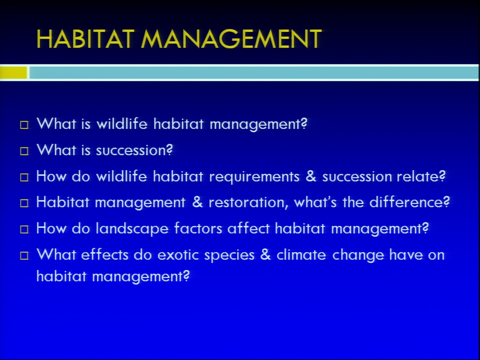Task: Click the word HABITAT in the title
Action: [85, 39]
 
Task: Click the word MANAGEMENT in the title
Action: [231, 39]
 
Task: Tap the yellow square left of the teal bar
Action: [13, 73]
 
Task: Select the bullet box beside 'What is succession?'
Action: [24, 151]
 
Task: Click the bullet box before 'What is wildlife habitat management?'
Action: [24, 125]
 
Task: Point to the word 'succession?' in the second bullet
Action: [134, 150]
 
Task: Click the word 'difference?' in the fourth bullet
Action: [409, 202]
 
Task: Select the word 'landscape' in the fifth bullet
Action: [132, 229]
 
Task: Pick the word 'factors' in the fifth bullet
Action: [198, 228]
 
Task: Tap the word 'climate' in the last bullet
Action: [301, 254]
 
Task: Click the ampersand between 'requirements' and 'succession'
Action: [310, 176]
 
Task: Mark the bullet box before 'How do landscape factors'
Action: [24, 229]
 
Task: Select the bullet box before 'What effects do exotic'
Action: [24, 255]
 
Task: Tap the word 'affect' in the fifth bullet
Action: [248, 228]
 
